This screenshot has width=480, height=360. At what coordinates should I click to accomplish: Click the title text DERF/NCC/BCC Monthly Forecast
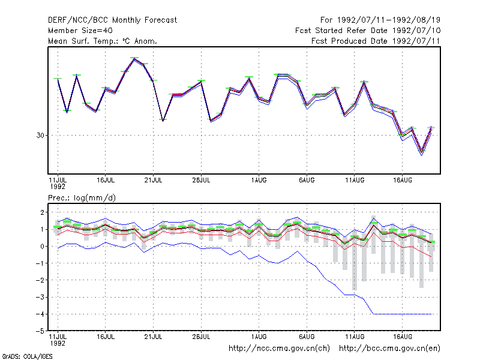tap(112, 20)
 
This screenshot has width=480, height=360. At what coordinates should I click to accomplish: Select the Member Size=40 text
tap(80, 31)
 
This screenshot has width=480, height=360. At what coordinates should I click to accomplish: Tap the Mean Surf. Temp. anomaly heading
tap(103, 41)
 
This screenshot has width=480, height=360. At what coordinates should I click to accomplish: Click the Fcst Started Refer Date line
tap(368, 31)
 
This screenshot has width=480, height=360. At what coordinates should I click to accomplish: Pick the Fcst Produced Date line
tap(376, 41)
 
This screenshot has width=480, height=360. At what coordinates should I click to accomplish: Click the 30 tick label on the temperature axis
tap(40, 136)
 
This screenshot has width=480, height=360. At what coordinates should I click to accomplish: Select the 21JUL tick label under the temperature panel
tap(153, 181)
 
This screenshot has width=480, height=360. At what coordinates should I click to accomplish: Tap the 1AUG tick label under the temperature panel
tap(259, 181)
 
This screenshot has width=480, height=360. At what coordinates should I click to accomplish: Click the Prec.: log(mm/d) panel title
tap(82, 198)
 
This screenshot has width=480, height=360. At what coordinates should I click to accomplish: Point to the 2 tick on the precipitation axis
tap(42, 212)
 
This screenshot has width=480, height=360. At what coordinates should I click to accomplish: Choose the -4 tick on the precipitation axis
tap(40, 314)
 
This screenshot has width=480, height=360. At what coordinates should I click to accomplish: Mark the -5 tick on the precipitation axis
tap(40, 331)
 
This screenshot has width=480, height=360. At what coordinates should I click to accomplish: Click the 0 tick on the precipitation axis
tap(42, 247)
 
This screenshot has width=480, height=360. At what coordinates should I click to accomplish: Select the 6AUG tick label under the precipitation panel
tap(307, 337)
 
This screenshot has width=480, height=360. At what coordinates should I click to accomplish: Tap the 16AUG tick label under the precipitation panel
tap(402, 337)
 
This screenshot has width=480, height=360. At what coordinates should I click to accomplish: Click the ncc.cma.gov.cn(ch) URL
tap(279, 349)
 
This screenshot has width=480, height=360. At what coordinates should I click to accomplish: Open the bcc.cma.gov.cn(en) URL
tap(389, 349)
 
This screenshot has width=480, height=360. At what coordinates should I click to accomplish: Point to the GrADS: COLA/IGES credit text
tap(27, 356)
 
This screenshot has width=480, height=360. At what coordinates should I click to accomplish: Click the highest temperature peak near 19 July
tap(134, 58)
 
